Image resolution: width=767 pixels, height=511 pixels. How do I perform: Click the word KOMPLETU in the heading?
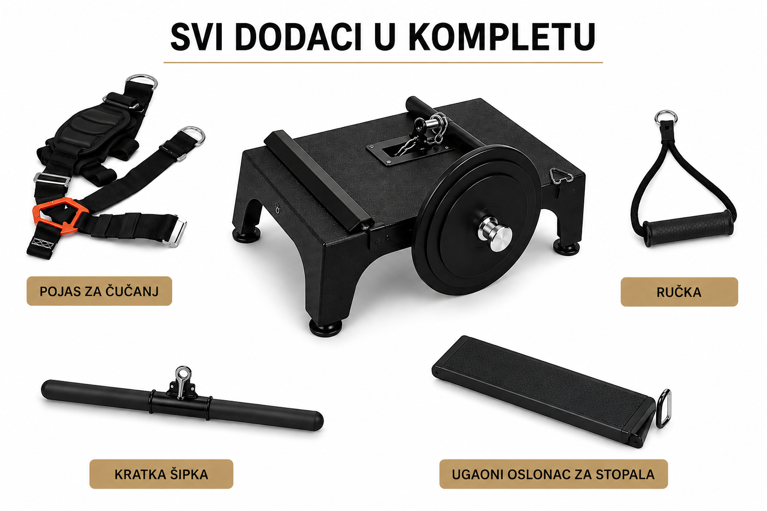click(x=502, y=37)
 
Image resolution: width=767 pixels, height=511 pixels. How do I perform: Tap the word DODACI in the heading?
click(x=298, y=37)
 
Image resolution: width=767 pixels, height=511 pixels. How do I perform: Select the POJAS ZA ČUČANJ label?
click(x=99, y=291)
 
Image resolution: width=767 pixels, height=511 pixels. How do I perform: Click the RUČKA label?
click(x=679, y=292)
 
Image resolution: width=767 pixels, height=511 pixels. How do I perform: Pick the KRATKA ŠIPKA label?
click(x=161, y=474)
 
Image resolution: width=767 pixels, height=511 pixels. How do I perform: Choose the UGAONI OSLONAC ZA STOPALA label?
click(x=553, y=474)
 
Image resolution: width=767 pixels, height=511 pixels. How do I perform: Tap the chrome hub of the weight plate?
click(x=495, y=233)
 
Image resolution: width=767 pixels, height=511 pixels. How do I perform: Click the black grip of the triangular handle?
click(x=688, y=228)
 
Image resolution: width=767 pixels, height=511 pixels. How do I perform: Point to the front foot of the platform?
click(x=325, y=328)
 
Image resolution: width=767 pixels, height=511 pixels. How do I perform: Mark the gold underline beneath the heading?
click(x=383, y=63)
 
